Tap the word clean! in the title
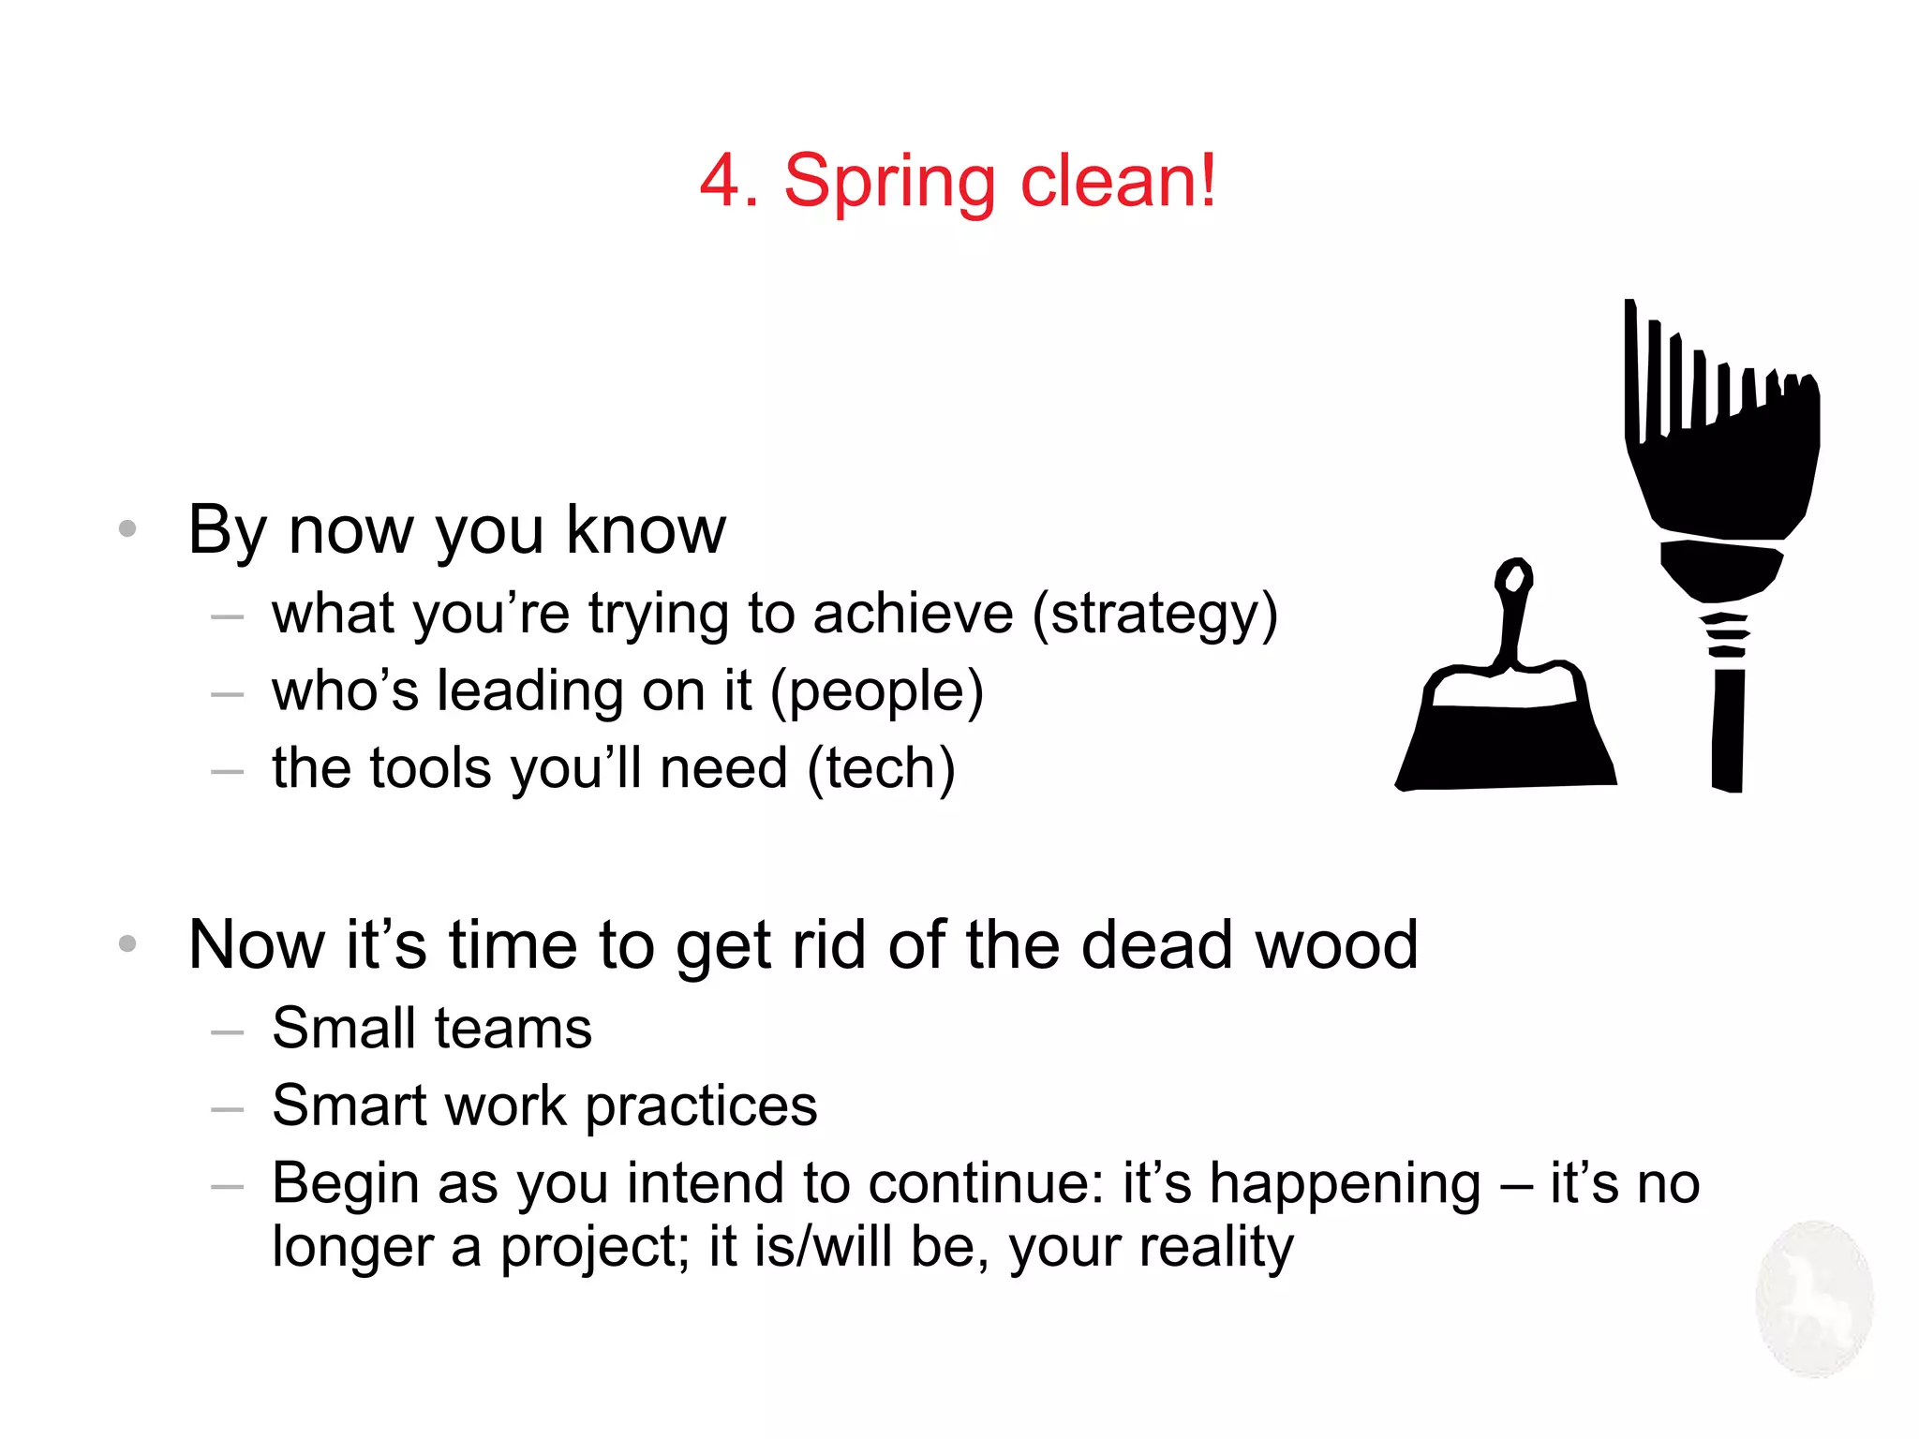click(x=1119, y=181)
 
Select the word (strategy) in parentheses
click(x=1154, y=616)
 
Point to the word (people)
click(x=877, y=693)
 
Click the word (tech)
click(x=881, y=770)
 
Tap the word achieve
click(x=913, y=615)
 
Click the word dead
click(x=1156, y=944)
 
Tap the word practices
click(x=701, y=1107)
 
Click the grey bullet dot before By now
click(x=127, y=529)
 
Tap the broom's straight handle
click(x=1727, y=731)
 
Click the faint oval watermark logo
click(x=1814, y=1298)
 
